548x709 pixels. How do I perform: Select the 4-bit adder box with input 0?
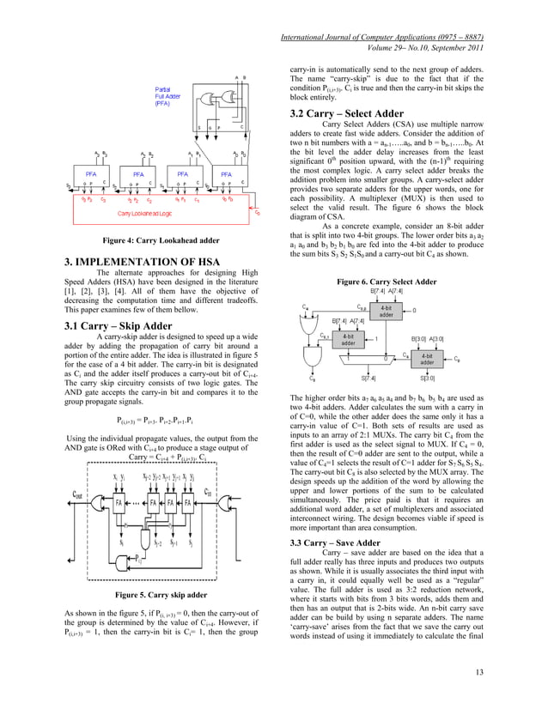pos(387,310)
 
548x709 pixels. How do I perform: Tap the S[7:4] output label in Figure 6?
pos(368,377)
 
